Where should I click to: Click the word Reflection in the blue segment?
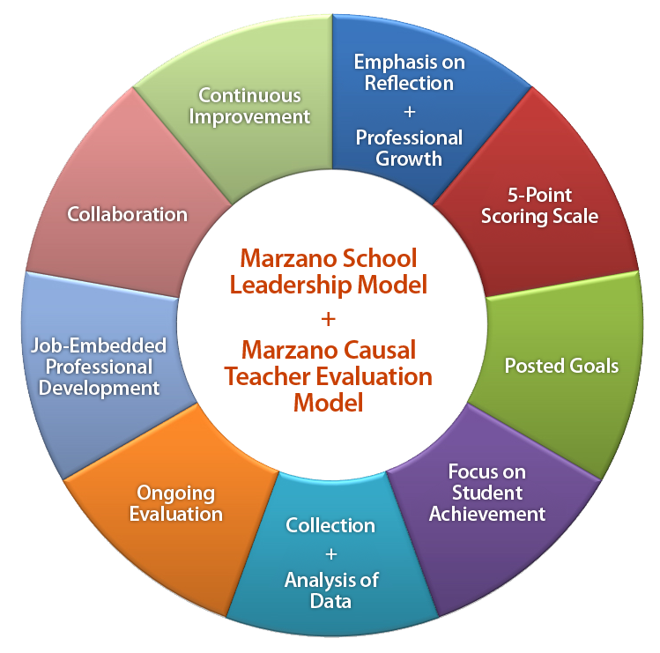[409, 84]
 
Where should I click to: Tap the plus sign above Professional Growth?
[409, 111]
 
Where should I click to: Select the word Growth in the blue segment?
[409, 159]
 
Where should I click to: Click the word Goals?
[593, 365]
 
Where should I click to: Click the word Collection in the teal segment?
[330, 525]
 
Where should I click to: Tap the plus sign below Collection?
[330, 553]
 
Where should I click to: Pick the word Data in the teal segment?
[330, 601]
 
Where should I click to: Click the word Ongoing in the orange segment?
[175, 493]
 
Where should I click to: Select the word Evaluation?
[175, 514]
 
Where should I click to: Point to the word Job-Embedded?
[98, 345]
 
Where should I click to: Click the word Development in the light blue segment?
[104, 387]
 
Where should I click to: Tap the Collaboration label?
[128, 214]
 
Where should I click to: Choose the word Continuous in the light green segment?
[249, 95]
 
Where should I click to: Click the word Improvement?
[254, 116]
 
